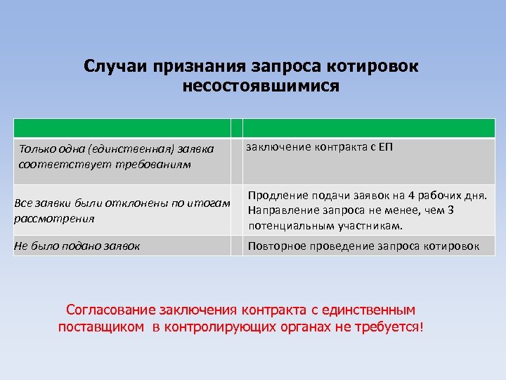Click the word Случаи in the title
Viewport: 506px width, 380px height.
(112, 66)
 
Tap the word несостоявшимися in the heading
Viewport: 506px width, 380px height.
(260, 87)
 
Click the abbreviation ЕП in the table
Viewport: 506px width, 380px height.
(385, 148)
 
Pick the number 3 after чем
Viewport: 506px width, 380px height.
(450, 210)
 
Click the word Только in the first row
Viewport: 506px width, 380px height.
(36, 149)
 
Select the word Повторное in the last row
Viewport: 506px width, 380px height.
(275, 246)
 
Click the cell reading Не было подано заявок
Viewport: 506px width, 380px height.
(77, 246)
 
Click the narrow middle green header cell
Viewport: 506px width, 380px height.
(237, 127)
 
